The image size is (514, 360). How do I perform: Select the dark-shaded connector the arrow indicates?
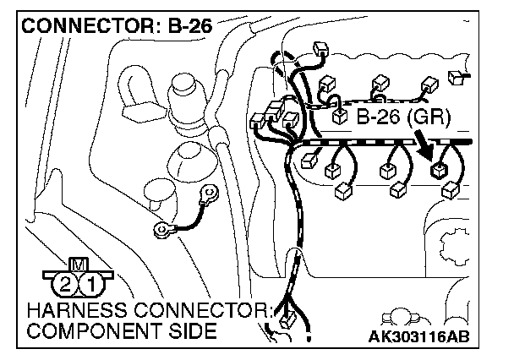[x=440, y=170]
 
